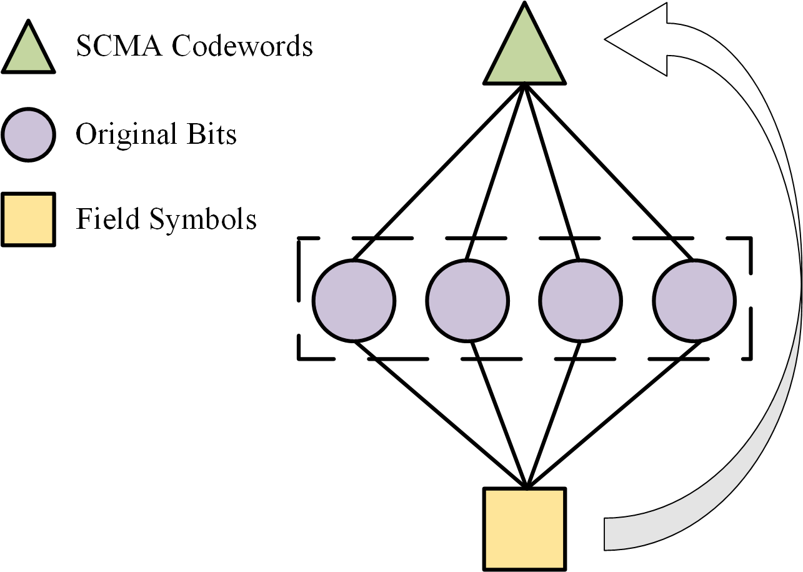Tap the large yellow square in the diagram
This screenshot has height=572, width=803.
click(525, 528)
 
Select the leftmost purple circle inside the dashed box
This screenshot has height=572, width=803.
click(354, 301)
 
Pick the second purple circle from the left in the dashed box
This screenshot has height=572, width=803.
click(467, 301)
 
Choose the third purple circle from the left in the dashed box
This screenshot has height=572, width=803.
click(581, 301)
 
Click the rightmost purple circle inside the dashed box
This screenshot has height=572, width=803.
click(694, 301)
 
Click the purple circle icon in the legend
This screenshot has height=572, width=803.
click(29, 134)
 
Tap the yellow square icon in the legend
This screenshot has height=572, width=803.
click(29, 219)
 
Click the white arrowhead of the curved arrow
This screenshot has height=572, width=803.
click(634, 39)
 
